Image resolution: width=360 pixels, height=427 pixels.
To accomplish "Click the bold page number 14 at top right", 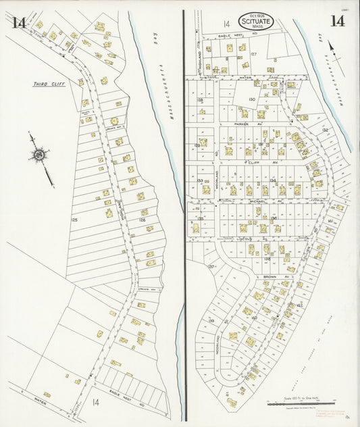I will tap(336, 21).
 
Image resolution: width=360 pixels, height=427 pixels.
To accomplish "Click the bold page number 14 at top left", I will tap(18, 23).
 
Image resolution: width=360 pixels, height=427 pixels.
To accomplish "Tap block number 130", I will tap(251, 99).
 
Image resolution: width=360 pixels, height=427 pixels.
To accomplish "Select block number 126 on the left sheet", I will tap(142, 220).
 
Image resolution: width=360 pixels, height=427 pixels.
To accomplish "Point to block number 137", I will tap(210, 267).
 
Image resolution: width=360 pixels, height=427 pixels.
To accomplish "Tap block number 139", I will tap(211, 320).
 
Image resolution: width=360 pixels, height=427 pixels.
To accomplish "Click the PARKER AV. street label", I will tap(242, 124).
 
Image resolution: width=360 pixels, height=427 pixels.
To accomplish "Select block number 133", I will tap(200, 180).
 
